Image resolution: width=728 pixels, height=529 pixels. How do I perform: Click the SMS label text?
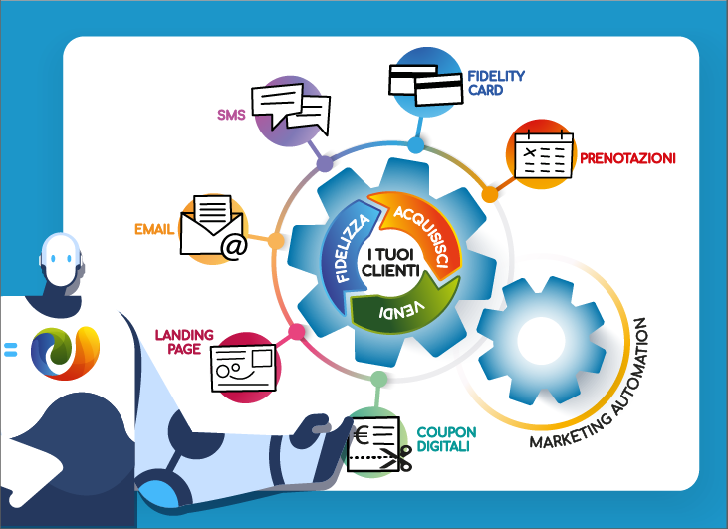click(231, 115)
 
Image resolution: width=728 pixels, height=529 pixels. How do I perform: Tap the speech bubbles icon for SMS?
click(290, 105)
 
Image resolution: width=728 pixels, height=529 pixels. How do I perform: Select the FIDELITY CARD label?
click(495, 83)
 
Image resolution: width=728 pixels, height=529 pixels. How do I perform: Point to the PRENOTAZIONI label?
click(627, 158)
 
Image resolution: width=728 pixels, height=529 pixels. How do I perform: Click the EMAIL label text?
click(154, 229)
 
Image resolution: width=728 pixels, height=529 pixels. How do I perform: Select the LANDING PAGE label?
click(179, 342)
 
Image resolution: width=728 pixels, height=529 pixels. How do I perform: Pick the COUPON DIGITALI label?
click(446, 439)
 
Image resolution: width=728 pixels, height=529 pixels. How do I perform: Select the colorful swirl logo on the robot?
click(62, 349)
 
